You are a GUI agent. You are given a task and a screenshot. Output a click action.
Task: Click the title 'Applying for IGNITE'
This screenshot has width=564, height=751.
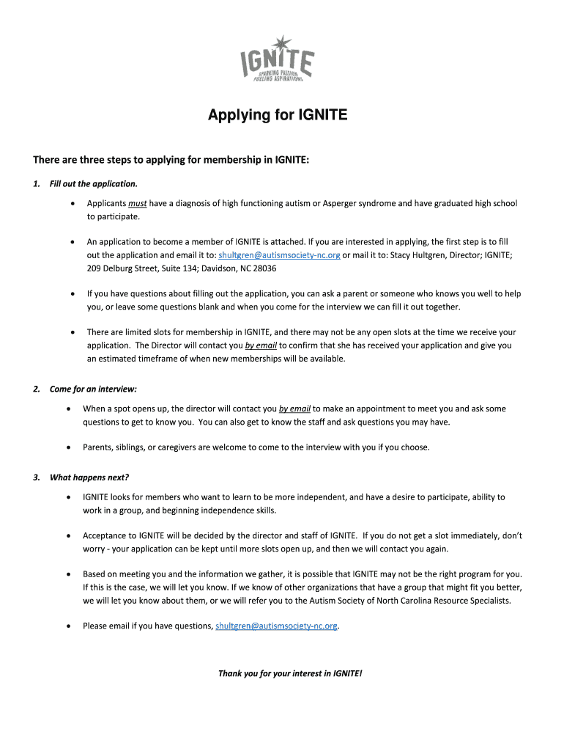coord(278,115)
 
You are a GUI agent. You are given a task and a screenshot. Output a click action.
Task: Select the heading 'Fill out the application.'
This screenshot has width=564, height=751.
coord(93,183)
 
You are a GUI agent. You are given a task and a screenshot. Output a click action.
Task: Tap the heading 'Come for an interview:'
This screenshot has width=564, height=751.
coord(93,389)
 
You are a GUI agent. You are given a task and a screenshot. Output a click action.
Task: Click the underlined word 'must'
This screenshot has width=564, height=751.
coord(138,203)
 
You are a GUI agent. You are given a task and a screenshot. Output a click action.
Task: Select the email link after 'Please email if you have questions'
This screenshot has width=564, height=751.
coord(277,626)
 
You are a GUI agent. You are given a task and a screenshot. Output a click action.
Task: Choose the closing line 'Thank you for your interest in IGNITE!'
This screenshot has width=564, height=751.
coord(290,673)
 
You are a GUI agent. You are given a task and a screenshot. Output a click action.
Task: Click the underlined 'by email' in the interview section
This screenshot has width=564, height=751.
coord(294,409)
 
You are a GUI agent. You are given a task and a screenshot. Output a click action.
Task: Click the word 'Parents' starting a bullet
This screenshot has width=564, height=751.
coord(98,447)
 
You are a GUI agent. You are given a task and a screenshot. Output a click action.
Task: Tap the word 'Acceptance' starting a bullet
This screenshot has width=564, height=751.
coord(106,535)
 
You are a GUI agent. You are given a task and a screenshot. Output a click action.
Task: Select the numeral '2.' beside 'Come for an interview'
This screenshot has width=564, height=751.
coord(37,389)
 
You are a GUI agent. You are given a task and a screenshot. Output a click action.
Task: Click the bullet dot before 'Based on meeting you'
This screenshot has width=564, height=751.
coord(69,574)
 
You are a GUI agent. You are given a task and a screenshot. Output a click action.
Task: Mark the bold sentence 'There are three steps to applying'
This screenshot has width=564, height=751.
coord(171,160)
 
